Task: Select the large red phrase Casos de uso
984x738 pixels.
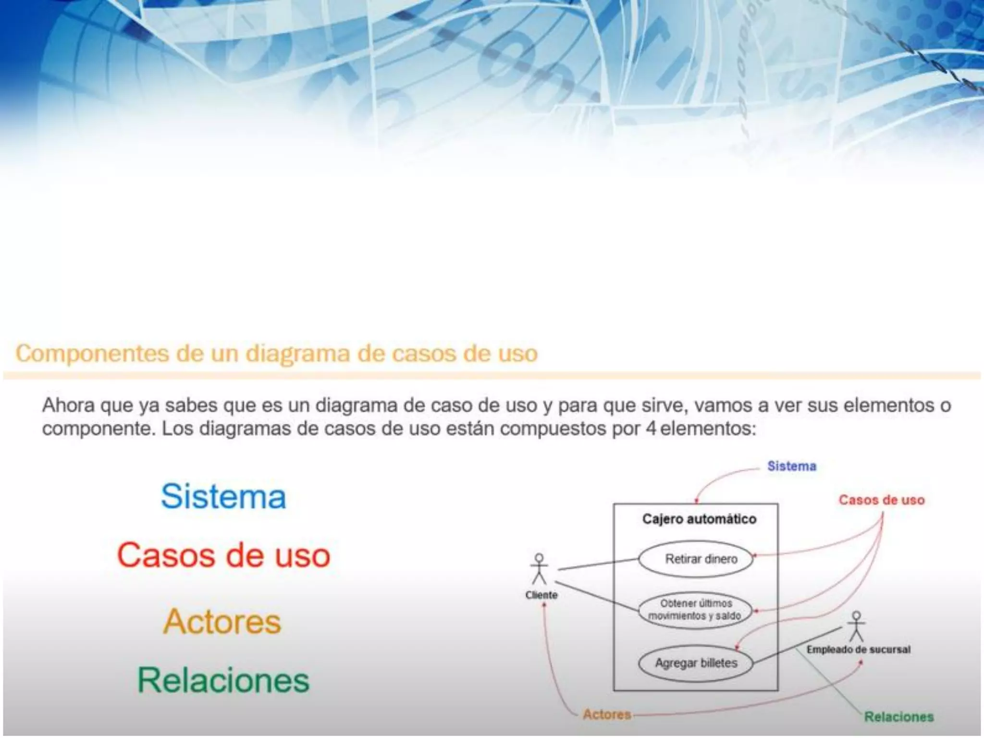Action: (x=223, y=555)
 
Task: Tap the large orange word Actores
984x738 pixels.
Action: (x=222, y=622)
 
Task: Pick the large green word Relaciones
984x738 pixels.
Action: (x=223, y=680)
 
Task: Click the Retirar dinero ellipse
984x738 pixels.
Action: (x=696, y=559)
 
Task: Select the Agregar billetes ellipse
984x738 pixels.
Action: (x=696, y=664)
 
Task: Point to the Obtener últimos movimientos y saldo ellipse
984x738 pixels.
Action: (x=695, y=610)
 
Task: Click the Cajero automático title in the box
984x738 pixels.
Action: (x=699, y=519)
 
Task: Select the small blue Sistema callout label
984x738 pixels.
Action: (x=791, y=467)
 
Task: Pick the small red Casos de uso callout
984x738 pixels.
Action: (x=882, y=500)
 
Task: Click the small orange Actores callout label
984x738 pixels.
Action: (x=607, y=714)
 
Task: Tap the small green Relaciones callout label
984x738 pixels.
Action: (x=898, y=717)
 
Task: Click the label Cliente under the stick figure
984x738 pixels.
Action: (x=541, y=595)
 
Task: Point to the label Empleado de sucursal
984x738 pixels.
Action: (x=859, y=650)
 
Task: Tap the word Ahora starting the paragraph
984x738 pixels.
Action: (x=68, y=406)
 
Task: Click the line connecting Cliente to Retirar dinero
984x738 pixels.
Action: (x=598, y=565)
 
